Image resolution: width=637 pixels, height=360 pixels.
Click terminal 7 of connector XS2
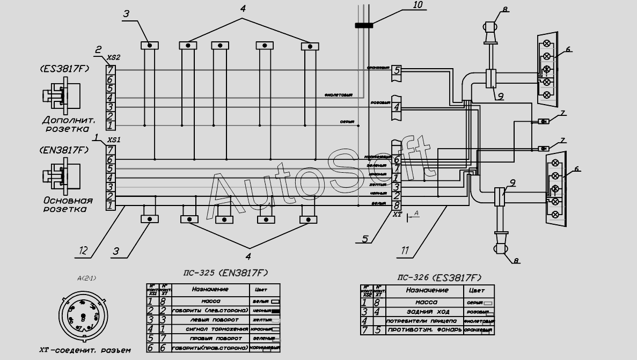(x=111, y=70)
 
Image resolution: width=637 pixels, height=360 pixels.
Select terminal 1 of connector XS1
(x=111, y=205)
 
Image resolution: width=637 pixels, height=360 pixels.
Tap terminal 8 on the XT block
(x=397, y=205)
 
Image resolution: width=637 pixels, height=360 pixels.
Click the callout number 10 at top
(x=418, y=5)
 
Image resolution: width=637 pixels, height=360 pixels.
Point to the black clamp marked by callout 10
(x=364, y=24)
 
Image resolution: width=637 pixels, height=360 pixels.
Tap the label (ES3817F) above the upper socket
(x=64, y=69)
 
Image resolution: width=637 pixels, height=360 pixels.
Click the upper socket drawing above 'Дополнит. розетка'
(x=59, y=97)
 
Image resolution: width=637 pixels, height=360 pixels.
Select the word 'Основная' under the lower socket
(x=68, y=201)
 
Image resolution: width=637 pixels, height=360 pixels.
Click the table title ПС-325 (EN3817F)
(x=225, y=273)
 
